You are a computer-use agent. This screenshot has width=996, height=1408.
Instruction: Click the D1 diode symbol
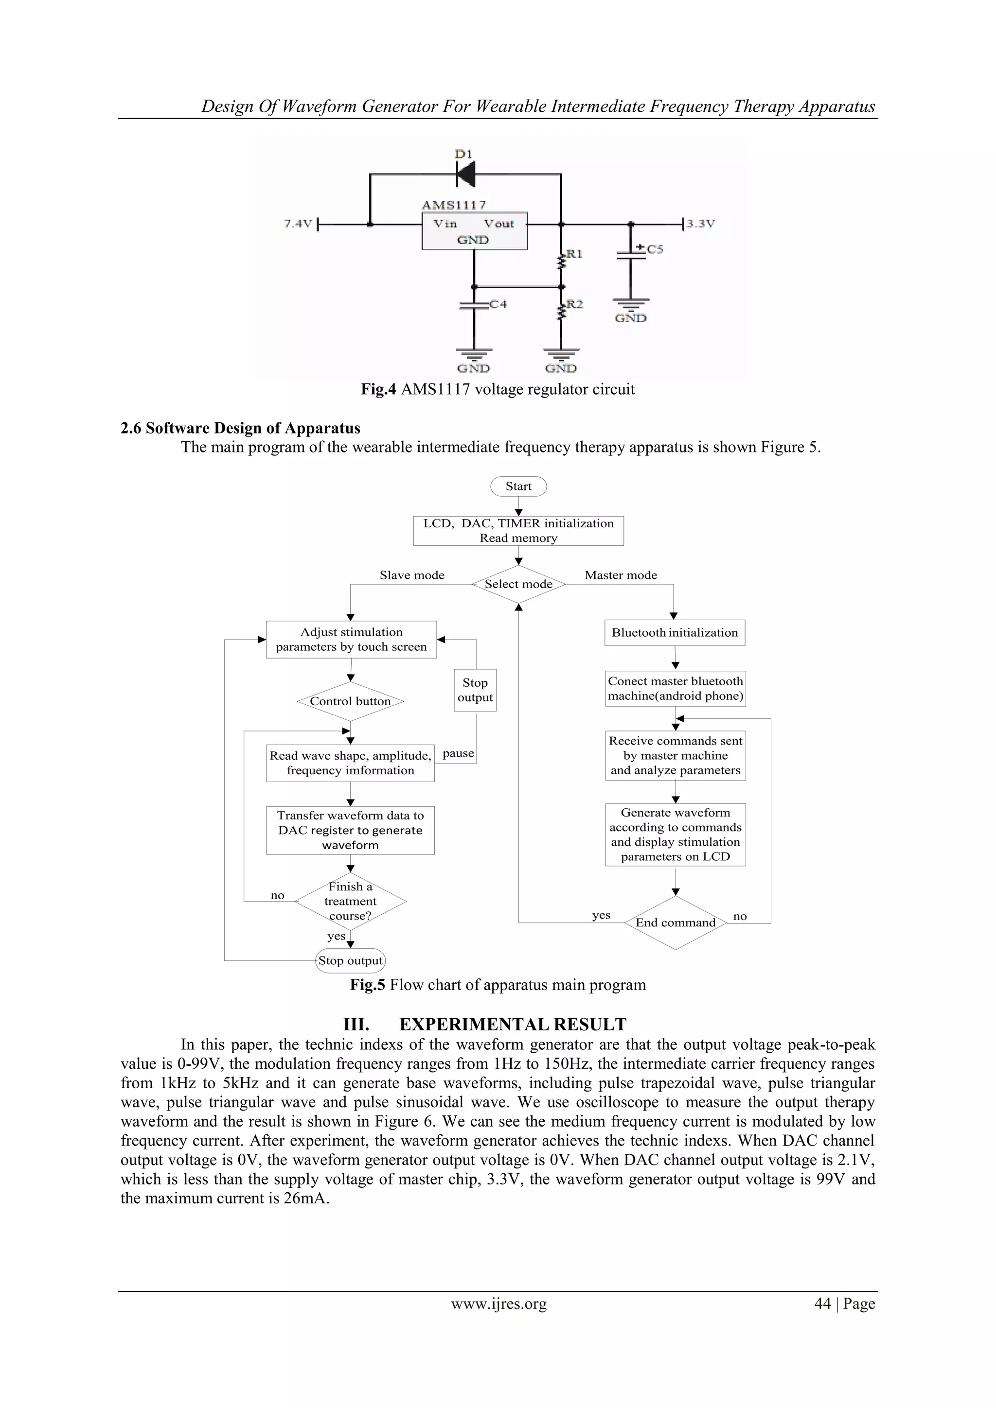(466, 174)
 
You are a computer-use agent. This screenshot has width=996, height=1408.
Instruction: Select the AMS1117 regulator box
(474, 230)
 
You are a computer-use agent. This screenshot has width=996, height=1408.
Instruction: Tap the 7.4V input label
(298, 224)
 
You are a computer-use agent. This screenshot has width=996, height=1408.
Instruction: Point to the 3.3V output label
(700, 224)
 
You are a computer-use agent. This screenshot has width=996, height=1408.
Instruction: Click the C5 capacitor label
(655, 249)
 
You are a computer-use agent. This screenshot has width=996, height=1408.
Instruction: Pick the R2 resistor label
(574, 304)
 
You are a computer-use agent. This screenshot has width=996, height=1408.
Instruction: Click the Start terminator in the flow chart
(518, 487)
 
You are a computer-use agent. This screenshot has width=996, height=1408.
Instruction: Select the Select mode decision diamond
(518, 584)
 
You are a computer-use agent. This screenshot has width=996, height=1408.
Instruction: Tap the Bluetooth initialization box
(675, 632)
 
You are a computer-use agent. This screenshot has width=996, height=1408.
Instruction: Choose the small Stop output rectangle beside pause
(475, 690)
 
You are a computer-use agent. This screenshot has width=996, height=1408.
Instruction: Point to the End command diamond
(675, 922)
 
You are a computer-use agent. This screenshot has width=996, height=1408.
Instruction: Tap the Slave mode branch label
(412, 575)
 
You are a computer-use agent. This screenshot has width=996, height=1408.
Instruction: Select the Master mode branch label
(621, 575)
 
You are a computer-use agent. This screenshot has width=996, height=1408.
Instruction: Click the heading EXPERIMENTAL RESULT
(513, 1025)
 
